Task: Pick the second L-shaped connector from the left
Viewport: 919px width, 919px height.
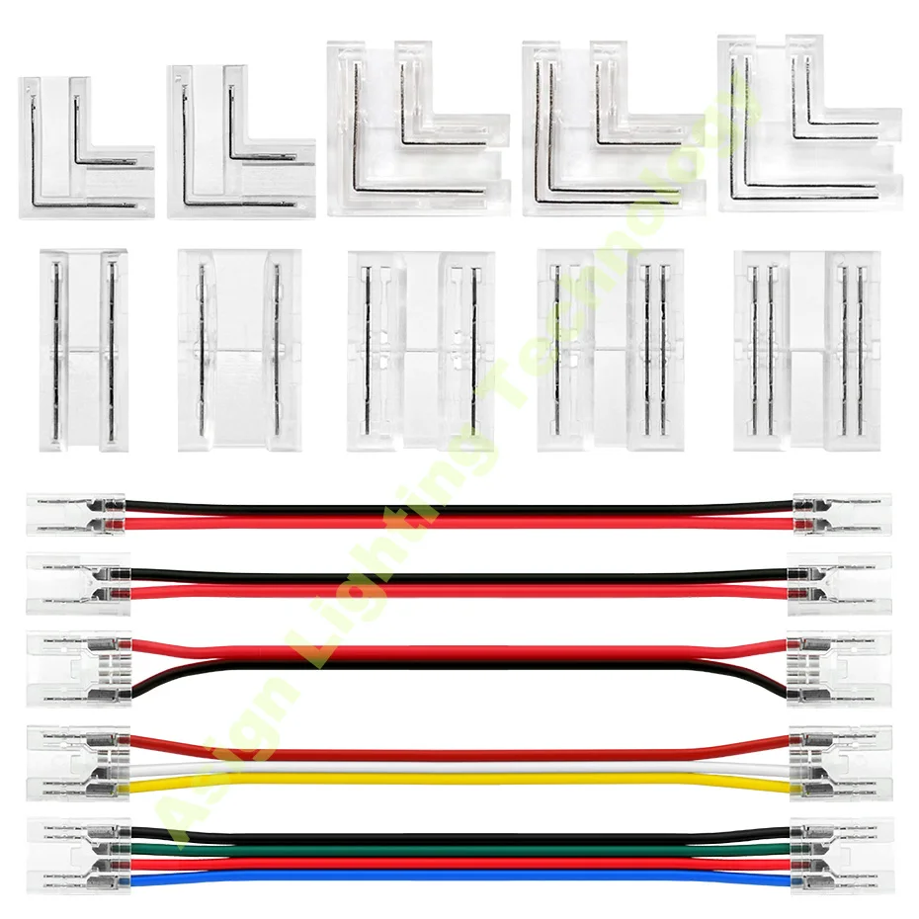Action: (237, 143)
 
